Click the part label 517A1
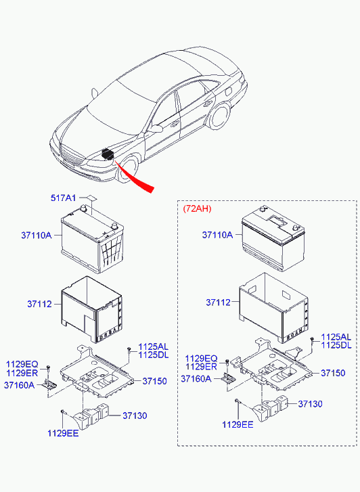pyautogui.click(x=63, y=198)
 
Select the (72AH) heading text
pyautogui.click(x=197, y=208)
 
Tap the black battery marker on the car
pyautogui.click(x=108, y=154)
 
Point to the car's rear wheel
pyautogui.click(x=219, y=116)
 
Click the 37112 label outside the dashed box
pyautogui.click(x=39, y=304)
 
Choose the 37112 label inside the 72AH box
pyautogui.click(x=218, y=303)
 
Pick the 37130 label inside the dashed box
pyautogui.click(x=310, y=404)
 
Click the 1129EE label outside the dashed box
pyautogui.click(x=63, y=433)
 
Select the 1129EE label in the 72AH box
pyautogui.click(x=238, y=424)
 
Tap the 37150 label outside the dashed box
pyautogui.click(x=154, y=381)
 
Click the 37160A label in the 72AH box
pyautogui.click(x=196, y=379)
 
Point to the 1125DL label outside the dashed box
pyautogui.click(x=154, y=355)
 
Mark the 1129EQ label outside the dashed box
pyautogui.click(x=22, y=364)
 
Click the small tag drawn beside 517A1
pyautogui.click(x=92, y=198)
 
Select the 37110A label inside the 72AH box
pyautogui.click(x=217, y=235)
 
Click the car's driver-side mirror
pyautogui.click(x=156, y=128)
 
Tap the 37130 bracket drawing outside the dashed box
pyautogui.click(x=91, y=416)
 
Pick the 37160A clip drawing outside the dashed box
pyautogui.click(x=49, y=384)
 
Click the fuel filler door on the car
pyautogui.click(x=229, y=91)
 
